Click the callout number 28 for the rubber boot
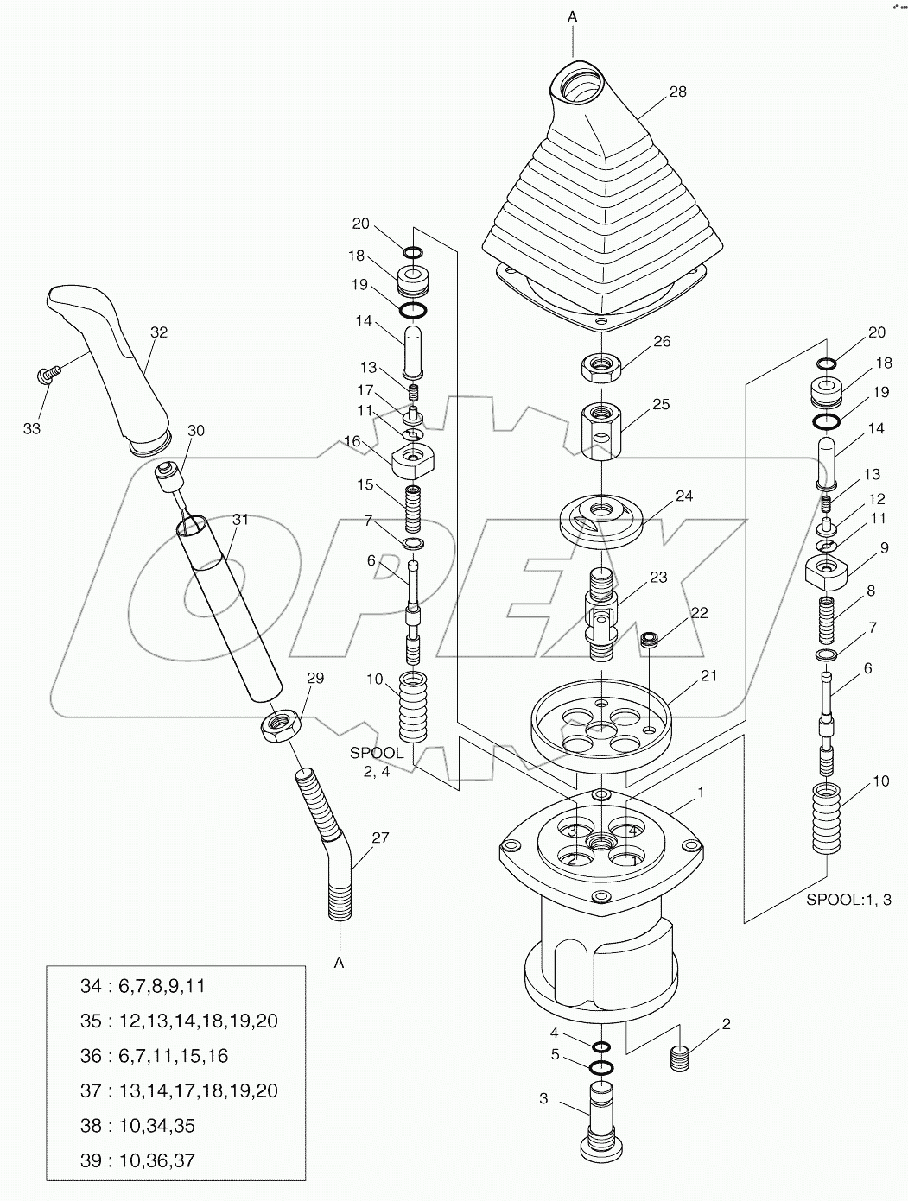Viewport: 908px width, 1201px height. coord(677,92)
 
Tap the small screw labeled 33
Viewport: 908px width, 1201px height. coord(47,373)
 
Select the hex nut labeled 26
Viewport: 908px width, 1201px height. coord(602,365)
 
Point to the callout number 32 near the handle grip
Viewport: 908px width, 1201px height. coord(158,332)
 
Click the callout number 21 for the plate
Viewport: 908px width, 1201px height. coord(708,676)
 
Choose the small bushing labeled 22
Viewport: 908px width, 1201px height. coord(649,640)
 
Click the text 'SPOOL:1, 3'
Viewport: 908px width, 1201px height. coord(848,900)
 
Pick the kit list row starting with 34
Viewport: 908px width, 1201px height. coord(143,986)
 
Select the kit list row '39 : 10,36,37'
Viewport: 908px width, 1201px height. coord(137,1160)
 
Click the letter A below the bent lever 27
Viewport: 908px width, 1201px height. coord(340,963)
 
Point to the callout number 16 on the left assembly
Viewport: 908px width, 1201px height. coord(352,441)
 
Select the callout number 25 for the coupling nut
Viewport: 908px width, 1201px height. coord(661,404)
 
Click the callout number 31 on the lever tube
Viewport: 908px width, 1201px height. coord(240,519)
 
